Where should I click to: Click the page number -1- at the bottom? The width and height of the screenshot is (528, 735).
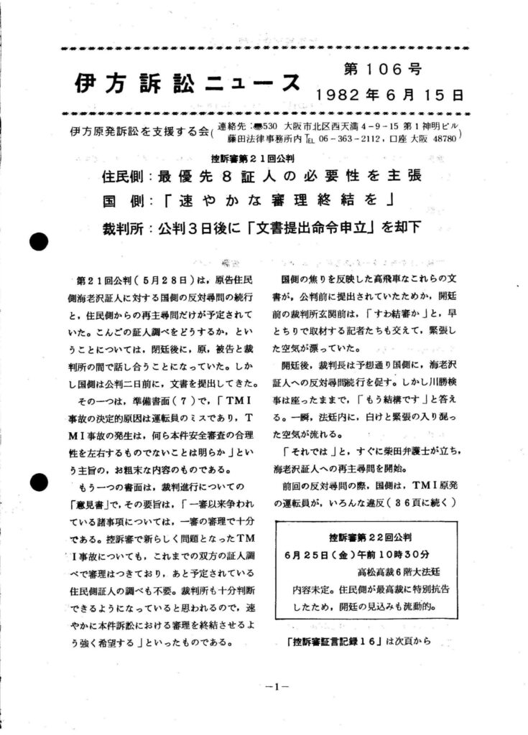[x=276, y=686]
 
